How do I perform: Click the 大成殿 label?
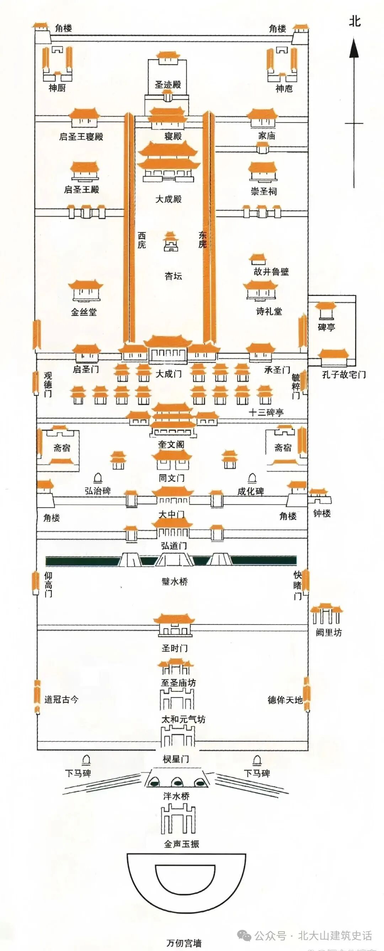point(169,199)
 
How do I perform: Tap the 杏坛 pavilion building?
point(170,242)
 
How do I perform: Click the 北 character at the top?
point(354,21)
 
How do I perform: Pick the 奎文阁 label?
point(171,445)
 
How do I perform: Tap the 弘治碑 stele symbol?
point(98,478)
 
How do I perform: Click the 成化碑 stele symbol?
point(252,478)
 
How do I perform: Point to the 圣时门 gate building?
point(175,626)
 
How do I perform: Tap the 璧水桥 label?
point(175,582)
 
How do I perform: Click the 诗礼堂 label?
point(269,311)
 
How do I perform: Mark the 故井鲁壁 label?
point(271,272)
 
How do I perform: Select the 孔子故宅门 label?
point(344,375)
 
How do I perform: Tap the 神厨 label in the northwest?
point(57,88)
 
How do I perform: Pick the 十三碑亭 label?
point(266,413)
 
